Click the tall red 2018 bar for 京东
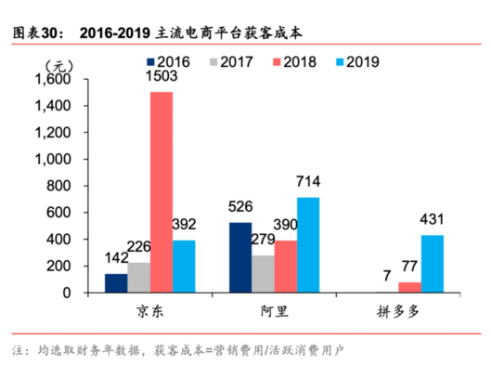162,192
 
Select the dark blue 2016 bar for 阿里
240,257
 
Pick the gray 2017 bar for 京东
140,277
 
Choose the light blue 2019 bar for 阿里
308,245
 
